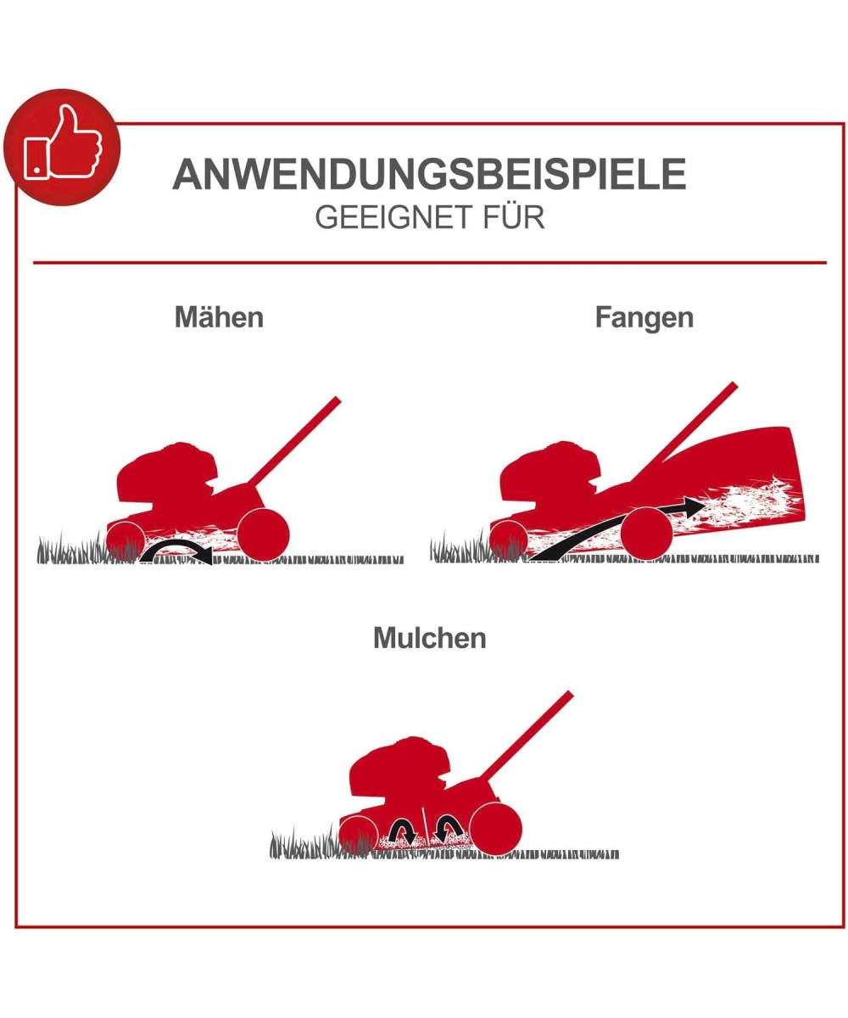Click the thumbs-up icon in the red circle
coord(64,143)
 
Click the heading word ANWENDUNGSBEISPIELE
coord(429,174)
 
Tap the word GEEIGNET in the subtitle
coord(393,217)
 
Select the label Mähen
coord(219,317)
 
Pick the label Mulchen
coord(429,638)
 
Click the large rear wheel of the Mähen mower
coord(263,534)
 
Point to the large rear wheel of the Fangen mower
coord(646,534)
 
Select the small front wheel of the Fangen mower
coord(509,540)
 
